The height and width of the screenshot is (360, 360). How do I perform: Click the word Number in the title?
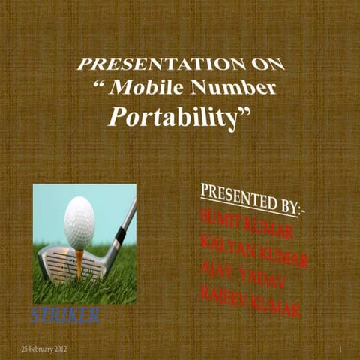pos(233,88)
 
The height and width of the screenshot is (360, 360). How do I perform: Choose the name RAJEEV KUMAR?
pos(250,298)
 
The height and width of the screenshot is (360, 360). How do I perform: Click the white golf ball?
pos(79,223)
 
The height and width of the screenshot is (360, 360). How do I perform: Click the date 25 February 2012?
pos(44,350)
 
